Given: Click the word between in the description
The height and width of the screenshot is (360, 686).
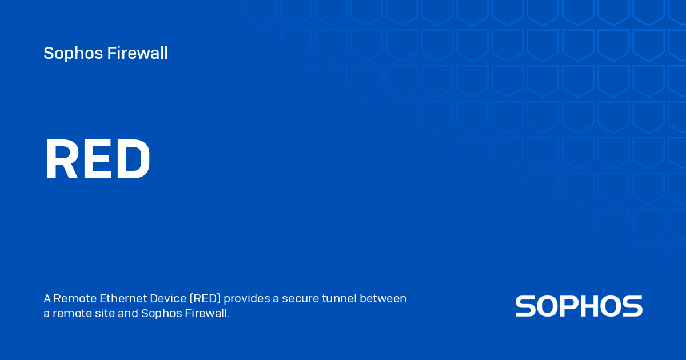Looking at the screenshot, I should pos(385,299).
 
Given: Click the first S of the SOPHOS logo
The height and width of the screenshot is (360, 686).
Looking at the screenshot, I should pos(525,306).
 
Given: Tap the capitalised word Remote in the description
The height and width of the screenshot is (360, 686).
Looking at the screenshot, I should pos(74,299).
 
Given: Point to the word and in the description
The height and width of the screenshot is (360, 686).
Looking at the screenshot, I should pos(128,314).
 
